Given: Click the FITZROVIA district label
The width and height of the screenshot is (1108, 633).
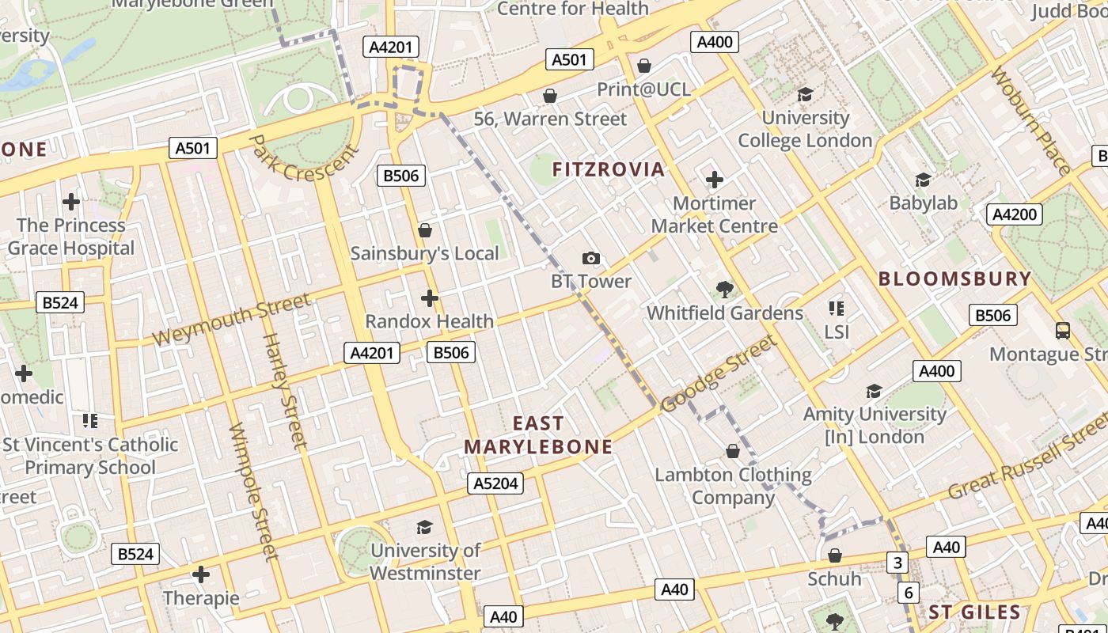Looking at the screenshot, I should (608, 169).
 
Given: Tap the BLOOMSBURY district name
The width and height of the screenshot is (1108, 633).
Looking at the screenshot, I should (954, 279).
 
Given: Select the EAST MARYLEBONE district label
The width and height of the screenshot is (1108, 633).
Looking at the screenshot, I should (538, 435).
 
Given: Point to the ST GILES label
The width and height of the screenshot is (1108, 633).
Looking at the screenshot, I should (974, 612).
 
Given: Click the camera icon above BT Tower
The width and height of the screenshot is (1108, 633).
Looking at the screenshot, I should (590, 258).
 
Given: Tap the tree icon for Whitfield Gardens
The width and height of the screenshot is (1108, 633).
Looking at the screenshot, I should (724, 290).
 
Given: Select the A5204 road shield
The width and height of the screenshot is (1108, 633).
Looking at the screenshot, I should (495, 483).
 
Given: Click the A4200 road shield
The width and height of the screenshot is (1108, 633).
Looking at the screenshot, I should (1015, 214).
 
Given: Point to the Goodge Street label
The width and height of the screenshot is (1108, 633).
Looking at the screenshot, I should (719, 373).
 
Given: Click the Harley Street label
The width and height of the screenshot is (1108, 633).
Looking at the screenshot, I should (283, 391).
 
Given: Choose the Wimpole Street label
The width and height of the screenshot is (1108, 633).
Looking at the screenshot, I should (253, 491).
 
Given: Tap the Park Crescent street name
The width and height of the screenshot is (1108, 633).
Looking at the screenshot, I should (303, 163).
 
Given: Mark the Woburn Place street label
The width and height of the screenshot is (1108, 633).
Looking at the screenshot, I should (1030, 121).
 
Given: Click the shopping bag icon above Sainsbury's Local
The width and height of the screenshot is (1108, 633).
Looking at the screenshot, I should (425, 230).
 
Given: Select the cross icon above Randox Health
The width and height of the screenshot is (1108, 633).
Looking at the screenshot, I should (430, 298).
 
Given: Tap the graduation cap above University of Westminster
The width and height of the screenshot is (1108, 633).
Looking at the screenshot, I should (425, 527).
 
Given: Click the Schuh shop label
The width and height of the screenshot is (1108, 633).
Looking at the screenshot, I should (834, 579).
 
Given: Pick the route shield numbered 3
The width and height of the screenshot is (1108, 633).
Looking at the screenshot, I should (897, 563).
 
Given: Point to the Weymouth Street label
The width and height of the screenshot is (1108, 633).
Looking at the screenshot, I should (231, 320).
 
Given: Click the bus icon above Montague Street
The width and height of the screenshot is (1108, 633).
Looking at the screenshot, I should (1063, 331).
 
